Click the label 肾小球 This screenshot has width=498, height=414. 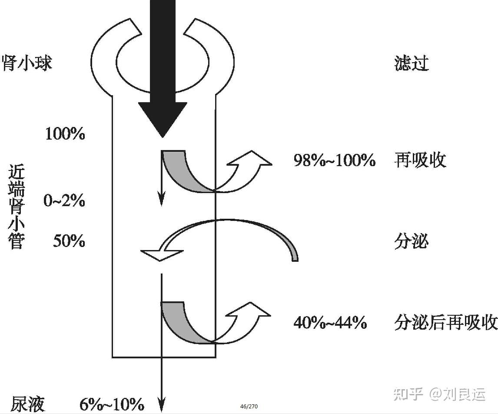(x=27, y=63)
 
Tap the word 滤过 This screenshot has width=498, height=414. (x=412, y=63)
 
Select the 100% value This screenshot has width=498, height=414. (x=65, y=134)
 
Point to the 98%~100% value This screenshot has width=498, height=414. (x=335, y=161)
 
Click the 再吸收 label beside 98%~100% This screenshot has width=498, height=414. (x=420, y=160)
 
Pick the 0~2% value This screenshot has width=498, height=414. (x=64, y=201)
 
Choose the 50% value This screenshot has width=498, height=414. (x=69, y=241)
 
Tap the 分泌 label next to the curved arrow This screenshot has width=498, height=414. (x=412, y=241)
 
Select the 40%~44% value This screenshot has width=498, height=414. (x=330, y=323)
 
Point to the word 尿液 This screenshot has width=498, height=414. (x=28, y=404)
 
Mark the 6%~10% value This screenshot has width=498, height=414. (x=112, y=404)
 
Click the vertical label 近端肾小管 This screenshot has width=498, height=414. (x=17, y=208)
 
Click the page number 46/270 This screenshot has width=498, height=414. (x=249, y=407)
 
